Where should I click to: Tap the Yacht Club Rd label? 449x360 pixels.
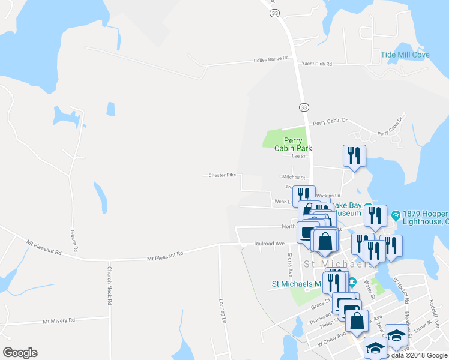316,64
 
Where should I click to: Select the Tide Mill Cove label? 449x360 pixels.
405,55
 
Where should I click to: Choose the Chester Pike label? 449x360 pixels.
221,175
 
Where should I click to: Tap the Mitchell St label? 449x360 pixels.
294,178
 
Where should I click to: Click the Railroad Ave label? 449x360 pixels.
269,244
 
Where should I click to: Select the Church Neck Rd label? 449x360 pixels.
110,286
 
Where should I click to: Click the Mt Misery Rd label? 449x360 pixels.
58,321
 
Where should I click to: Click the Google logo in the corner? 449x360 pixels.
20,352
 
